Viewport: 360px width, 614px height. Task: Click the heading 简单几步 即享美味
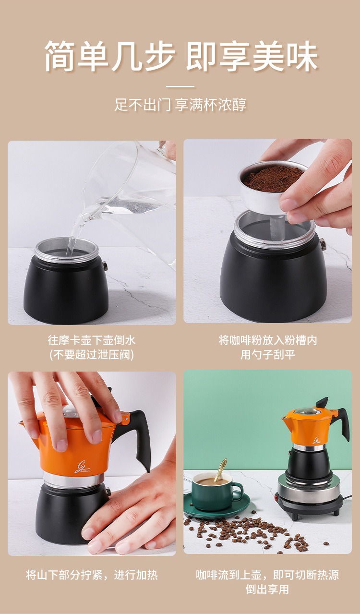[181, 56]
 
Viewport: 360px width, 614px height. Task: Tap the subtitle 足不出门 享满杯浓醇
[180, 105]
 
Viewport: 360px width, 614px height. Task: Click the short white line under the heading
[180, 86]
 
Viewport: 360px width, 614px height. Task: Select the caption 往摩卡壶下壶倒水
[92, 340]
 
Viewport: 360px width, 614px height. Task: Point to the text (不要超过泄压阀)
[92, 355]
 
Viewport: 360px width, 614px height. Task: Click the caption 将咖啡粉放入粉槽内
[268, 340]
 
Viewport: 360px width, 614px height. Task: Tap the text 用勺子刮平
[268, 355]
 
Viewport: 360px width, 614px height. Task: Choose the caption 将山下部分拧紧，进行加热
[92, 575]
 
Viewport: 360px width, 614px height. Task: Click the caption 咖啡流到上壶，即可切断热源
[267, 575]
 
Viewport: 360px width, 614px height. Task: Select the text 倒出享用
[267, 589]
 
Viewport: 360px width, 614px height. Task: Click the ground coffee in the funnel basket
[273, 180]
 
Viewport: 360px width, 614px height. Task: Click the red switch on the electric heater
[276, 496]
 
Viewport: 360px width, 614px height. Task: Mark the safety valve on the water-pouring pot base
[105, 265]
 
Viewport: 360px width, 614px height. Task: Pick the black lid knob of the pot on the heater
[322, 402]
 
